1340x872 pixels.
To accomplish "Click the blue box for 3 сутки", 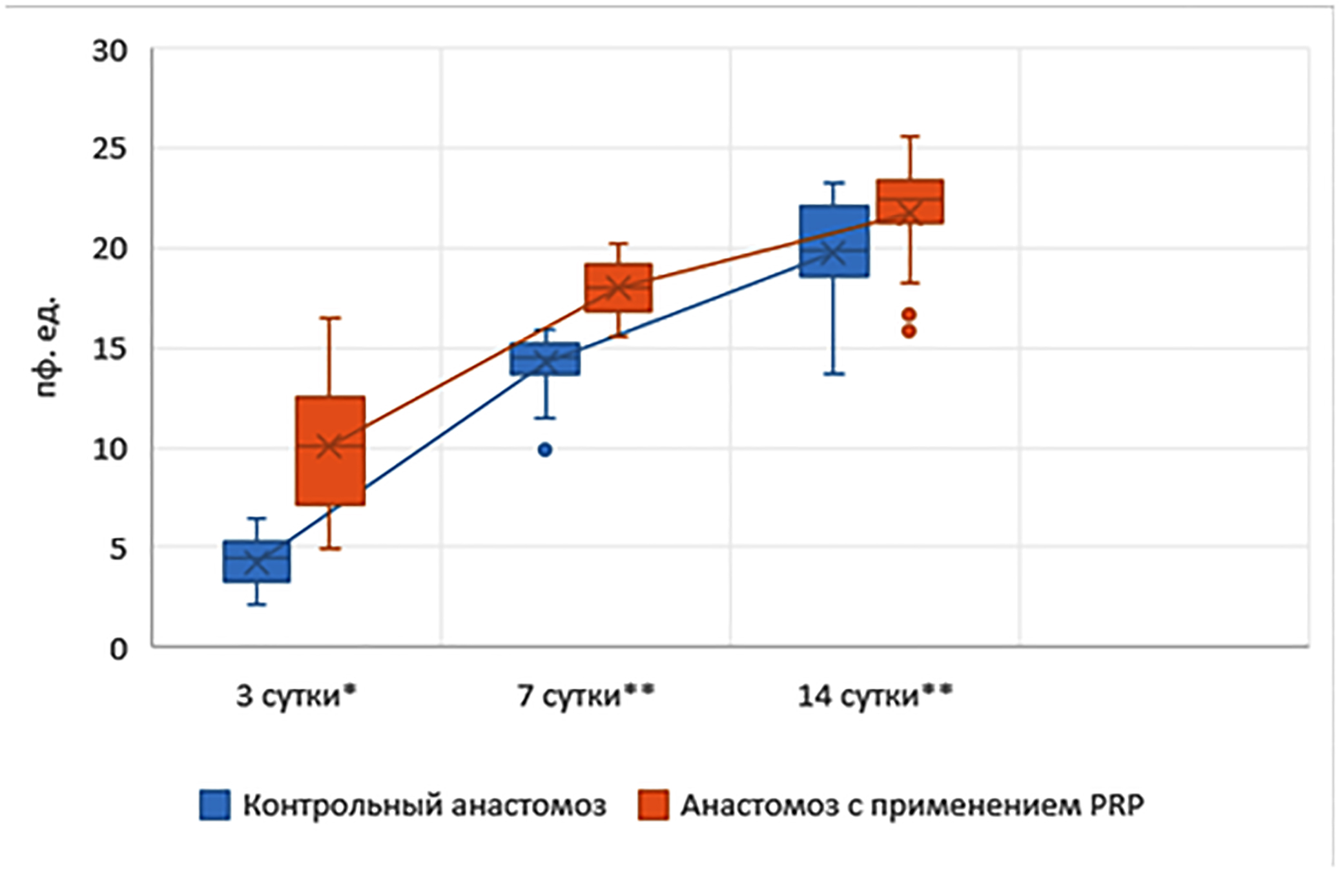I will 256,561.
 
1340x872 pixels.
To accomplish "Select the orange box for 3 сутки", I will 330,450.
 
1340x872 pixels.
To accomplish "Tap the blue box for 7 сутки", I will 545,358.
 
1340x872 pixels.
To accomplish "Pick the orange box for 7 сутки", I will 618,287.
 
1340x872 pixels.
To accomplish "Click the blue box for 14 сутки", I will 834,241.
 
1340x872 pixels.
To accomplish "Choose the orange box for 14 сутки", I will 909,202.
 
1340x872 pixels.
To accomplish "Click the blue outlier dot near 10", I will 545,450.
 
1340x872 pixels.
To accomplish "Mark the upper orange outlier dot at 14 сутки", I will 909,315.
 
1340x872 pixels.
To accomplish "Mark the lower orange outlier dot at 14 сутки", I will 909,331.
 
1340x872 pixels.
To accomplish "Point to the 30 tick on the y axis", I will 110,52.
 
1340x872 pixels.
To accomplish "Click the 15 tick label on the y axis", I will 110,349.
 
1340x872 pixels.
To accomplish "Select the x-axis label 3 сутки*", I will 296,696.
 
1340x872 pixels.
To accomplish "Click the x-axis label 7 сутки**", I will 586,696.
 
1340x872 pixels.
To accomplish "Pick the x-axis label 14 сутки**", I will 875,696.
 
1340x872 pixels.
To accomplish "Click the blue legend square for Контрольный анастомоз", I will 214,805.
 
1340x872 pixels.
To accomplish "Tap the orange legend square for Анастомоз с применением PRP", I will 653,805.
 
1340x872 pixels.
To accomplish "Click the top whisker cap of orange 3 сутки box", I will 330,318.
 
